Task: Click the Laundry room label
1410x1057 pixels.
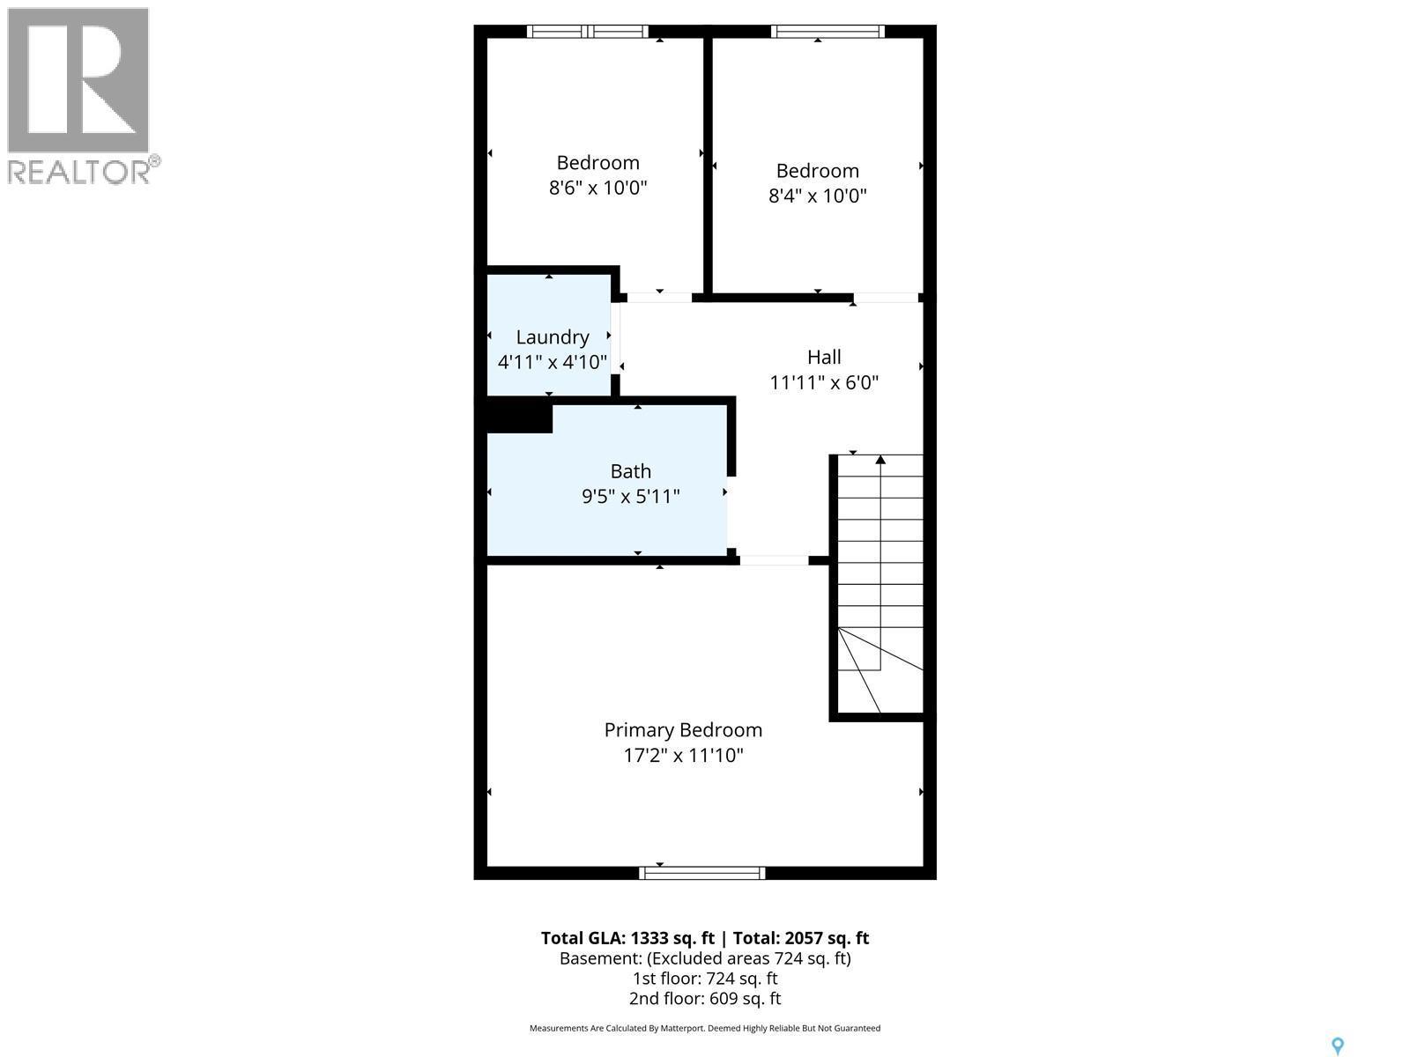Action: click(553, 337)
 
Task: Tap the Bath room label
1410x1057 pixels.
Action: click(631, 471)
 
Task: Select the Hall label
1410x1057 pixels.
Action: click(824, 357)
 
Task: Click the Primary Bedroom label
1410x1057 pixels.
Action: click(683, 730)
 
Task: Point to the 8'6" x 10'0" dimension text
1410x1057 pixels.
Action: click(598, 188)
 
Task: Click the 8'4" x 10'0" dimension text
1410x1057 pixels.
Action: click(818, 196)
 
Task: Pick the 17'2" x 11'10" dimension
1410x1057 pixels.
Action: click(683, 756)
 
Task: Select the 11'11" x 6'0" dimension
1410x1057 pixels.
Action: click(824, 382)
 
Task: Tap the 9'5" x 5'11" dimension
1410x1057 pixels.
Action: click(631, 497)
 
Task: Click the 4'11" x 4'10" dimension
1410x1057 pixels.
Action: click(553, 362)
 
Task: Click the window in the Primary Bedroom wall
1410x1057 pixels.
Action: click(702, 873)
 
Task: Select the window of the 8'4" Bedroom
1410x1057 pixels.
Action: click(827, 32)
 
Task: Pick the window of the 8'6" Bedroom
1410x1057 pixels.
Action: click(588, 32)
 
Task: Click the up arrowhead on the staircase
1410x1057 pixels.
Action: click(880, 460)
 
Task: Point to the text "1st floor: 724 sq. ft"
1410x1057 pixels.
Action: click(704, 979)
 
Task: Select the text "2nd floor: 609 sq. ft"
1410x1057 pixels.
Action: click(704, 999)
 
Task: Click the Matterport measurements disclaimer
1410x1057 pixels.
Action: click(704, 1028)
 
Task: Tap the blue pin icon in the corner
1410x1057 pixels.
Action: click(1337, 1046)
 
